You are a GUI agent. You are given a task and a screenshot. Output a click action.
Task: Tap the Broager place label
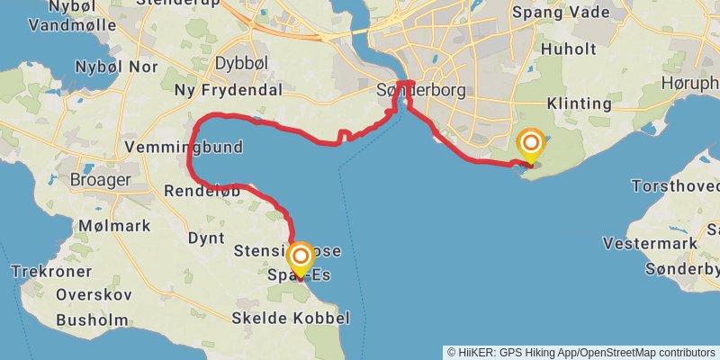101,179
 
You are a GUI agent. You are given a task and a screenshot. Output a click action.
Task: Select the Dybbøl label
238,63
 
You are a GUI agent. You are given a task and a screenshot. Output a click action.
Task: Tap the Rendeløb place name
202,190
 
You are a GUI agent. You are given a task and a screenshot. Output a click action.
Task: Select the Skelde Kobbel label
290,318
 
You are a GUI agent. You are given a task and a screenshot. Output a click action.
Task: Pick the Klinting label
579,103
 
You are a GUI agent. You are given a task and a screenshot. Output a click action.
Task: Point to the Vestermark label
650,243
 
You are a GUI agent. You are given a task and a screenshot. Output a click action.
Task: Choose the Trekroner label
51,270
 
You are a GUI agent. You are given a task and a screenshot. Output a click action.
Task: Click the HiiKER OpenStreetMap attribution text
582,352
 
